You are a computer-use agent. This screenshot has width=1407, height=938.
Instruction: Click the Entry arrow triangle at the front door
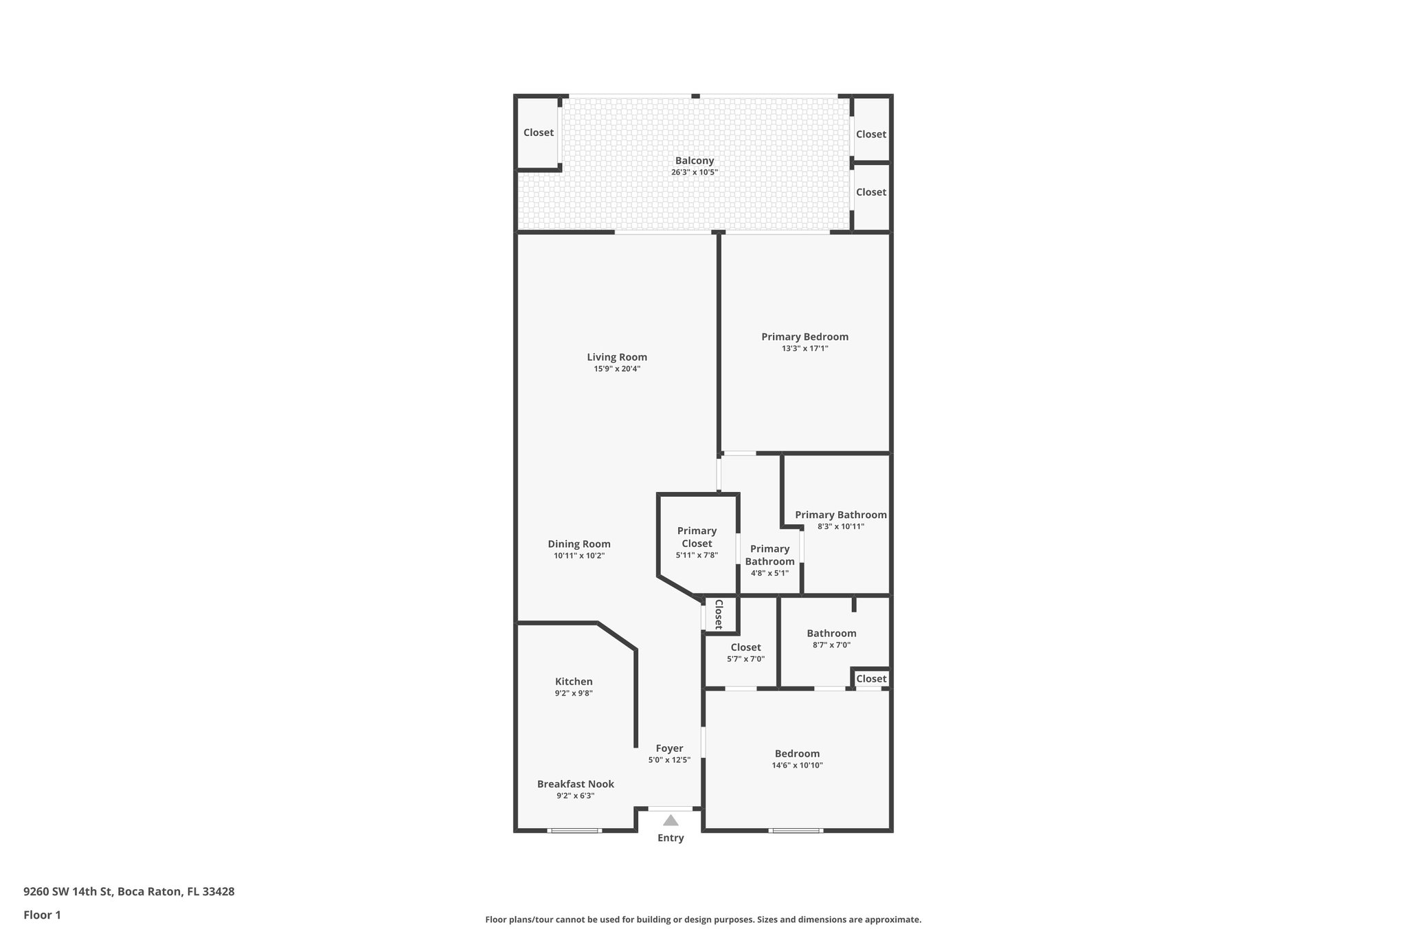(x=671, y=820)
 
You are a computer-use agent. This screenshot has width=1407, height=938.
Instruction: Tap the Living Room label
(x=617, y=357)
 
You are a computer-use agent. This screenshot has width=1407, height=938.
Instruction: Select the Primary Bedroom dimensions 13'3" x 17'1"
(x=804, y=348)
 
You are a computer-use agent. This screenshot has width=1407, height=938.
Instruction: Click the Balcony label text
(x=694, y=160)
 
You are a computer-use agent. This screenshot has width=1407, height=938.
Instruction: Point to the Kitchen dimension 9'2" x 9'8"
(x=574, y=693)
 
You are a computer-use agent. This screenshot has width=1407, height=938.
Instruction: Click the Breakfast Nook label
(x=575, y=783)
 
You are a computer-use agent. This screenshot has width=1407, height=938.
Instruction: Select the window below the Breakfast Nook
(x=574, y=830)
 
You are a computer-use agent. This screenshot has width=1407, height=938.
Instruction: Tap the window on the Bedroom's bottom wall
(x=796, y=830)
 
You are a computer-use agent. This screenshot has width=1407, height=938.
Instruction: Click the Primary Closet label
(x=697, y=537)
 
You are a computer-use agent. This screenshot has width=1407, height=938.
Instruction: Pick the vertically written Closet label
(x=719, y=614)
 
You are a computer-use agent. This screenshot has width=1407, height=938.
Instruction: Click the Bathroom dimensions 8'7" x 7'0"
(x=831, y=645)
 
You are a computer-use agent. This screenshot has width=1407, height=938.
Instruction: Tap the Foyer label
(x=669, y=748)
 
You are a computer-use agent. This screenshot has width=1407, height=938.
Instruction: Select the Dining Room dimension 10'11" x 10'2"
(x=579, y=555)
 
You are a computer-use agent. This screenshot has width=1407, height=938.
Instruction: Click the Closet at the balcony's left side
(x=538, y=133)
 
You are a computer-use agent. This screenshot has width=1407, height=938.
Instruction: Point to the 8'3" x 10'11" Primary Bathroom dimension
(x=840, y=526)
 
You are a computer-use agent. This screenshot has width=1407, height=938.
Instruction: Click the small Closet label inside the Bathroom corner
(x=871, y=678)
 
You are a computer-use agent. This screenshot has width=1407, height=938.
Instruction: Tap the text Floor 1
(x=42, y=915)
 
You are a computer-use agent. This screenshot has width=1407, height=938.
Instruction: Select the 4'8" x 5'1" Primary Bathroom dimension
(x=769, y=572)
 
